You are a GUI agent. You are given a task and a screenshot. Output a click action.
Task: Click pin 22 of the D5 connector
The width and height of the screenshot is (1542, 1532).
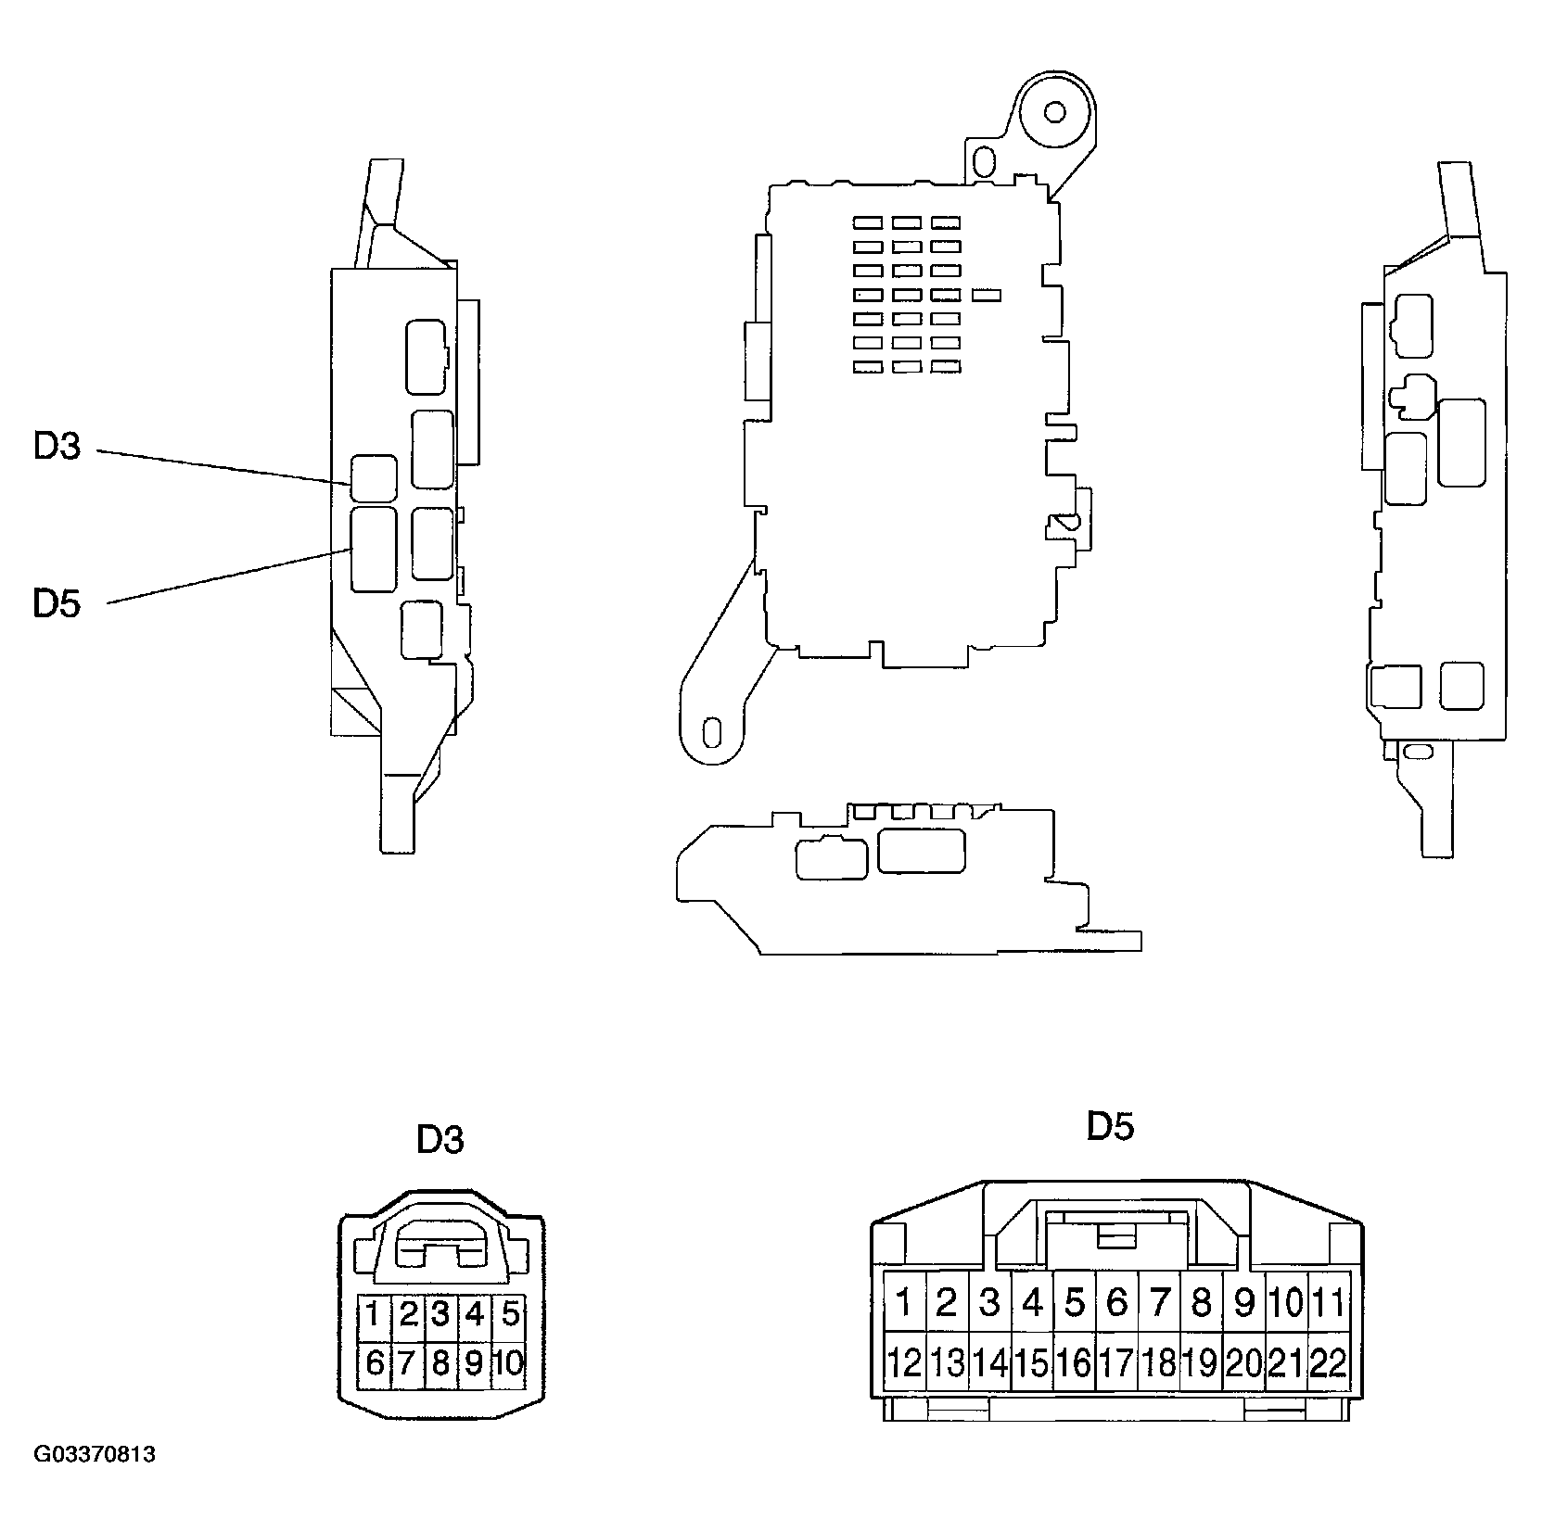1328,1362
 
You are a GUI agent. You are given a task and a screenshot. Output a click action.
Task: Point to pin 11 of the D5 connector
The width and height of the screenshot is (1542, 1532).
1328,1303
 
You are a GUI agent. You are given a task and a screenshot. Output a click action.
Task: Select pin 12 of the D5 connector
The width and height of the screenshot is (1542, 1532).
903,1362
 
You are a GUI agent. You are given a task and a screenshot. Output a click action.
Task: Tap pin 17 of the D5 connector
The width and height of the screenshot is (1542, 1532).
1115,1362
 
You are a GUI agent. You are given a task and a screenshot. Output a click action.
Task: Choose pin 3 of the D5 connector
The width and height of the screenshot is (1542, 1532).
988,1303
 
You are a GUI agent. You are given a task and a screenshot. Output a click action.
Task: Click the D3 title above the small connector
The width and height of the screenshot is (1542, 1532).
440,1139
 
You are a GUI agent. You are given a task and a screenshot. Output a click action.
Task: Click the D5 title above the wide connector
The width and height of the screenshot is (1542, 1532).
1110,1126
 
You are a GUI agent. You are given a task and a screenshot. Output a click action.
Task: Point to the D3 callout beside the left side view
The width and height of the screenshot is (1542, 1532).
57,447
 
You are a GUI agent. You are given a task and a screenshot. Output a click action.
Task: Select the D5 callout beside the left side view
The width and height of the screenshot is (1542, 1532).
57,603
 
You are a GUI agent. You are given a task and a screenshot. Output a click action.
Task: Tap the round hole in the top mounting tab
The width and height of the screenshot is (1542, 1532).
1054,112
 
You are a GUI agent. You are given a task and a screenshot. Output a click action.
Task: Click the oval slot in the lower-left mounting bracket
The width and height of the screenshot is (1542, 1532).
712,731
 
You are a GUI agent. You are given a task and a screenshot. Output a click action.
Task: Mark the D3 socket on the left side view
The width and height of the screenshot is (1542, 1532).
374,478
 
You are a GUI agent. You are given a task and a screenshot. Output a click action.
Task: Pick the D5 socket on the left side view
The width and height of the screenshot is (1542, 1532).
374,549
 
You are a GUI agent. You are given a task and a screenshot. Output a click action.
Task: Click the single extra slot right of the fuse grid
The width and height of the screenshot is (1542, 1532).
987,296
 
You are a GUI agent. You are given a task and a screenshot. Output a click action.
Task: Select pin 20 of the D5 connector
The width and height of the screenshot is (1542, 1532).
1243,1362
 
